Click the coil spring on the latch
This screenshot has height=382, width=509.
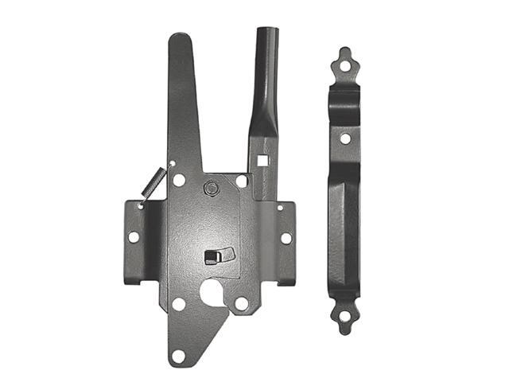pyautogui.click(x=151, y=184)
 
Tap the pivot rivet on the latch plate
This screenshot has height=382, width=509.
pyautogui.click(x=211, y=188)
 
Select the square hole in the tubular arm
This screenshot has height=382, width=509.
pyautogui.click(x=262, y=160)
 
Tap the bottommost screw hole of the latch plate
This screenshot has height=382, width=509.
pyautogui.click(x=178, y=354)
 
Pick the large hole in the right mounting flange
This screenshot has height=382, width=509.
pyautogui.click(x=286, y=237)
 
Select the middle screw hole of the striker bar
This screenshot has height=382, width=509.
pyautogui.click(x=345, y=138)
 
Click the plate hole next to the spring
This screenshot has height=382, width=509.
pyautogui.click(x=179, y=180)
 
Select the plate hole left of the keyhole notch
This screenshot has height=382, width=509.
pyautogui.click(x=179, y=303)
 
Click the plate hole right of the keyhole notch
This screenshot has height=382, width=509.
pyautogui.click(x=241, y=303)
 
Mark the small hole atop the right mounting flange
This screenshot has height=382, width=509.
pyautogui.click(x=279, y=208)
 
